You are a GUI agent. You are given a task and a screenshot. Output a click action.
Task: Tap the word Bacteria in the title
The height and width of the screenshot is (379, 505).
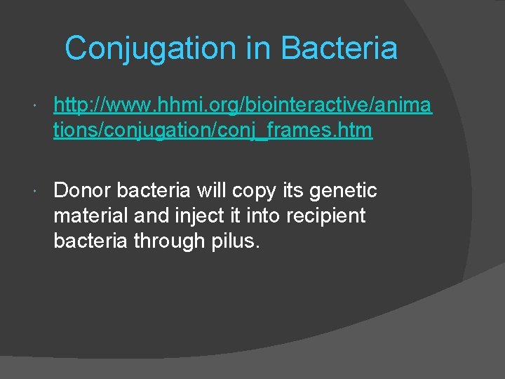(x=339, y=48)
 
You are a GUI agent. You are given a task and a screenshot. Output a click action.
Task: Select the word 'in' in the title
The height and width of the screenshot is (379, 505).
(x=257, y=48)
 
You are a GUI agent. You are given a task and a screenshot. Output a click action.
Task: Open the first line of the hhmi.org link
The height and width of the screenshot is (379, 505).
(x=243, y=106)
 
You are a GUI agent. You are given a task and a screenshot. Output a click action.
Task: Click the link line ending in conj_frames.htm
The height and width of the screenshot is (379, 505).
(x=213, y=131)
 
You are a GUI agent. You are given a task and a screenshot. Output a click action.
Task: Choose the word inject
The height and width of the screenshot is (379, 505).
(x=194, y=215)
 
